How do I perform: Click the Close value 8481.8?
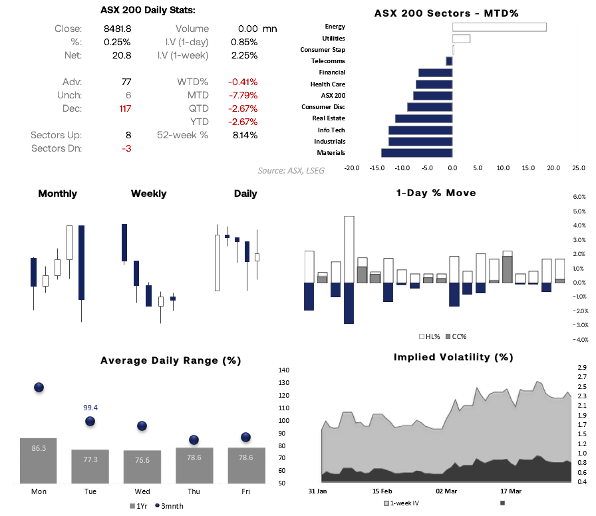click(118, 29)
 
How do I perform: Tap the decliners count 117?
click(124, 108)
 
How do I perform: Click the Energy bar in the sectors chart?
click(499, 27)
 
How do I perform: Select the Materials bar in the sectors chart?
click(417, 153)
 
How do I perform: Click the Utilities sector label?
click(333, 38)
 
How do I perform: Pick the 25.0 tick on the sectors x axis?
click(579, 168)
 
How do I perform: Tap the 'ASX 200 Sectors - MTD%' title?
click(446, 13)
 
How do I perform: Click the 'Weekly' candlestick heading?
click(148, 193)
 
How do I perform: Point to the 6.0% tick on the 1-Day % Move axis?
click(579, 197)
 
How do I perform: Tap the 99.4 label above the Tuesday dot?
click(90, 408)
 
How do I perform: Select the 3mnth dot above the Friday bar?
click(246, 437)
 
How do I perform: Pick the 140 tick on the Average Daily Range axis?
click(284, 370)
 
